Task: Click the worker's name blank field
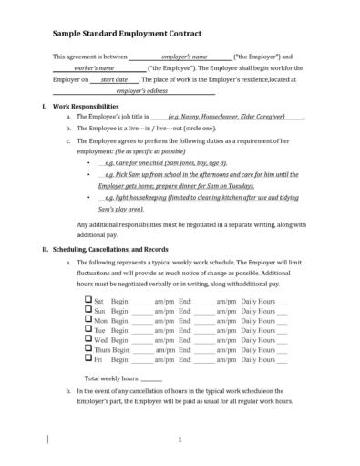click(94, 68)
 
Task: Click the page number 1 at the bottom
click(180, 440)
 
